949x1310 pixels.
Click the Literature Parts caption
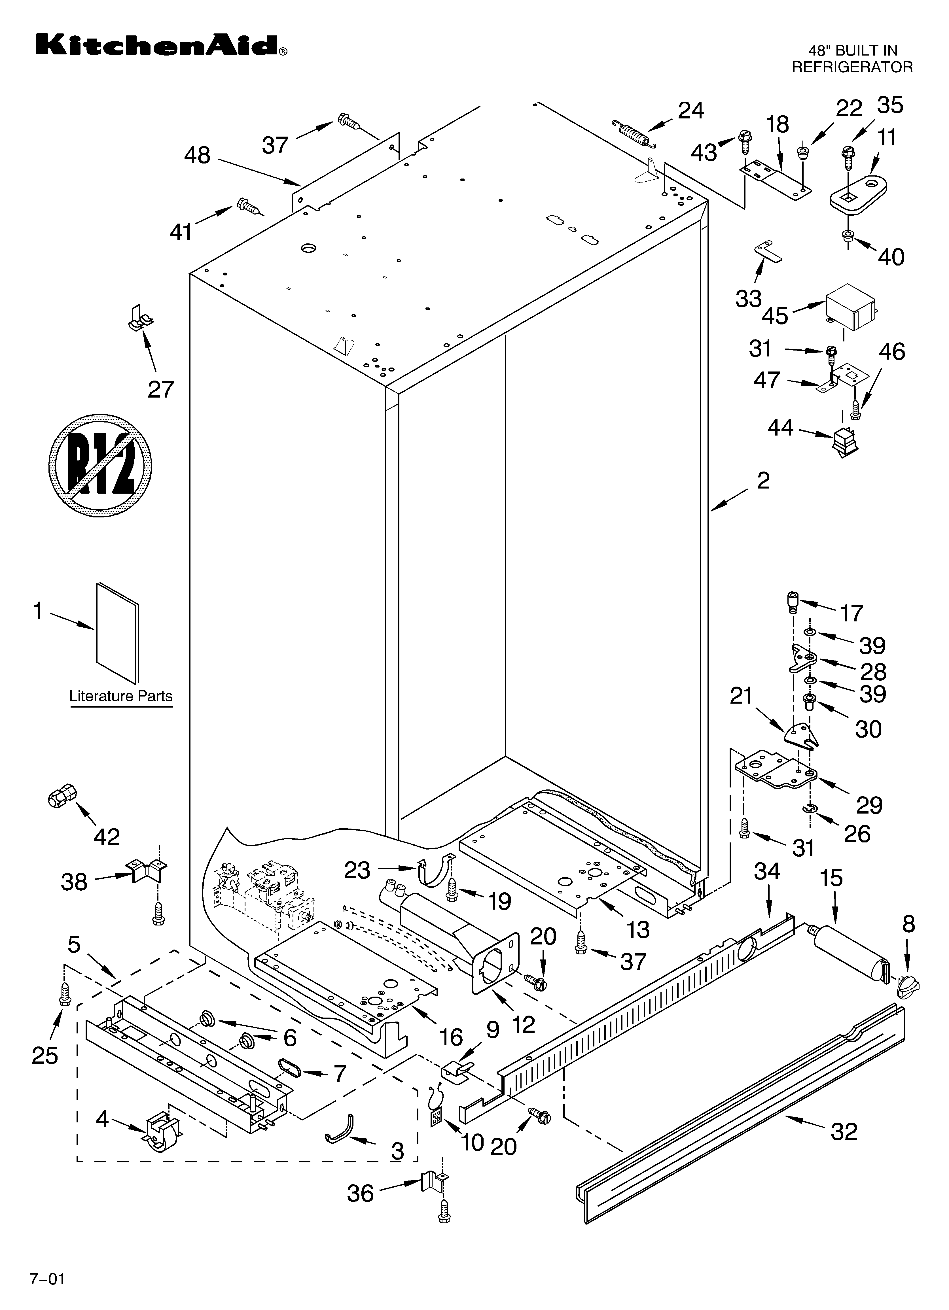pos(121,696)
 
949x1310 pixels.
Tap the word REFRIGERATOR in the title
pos(852,67)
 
